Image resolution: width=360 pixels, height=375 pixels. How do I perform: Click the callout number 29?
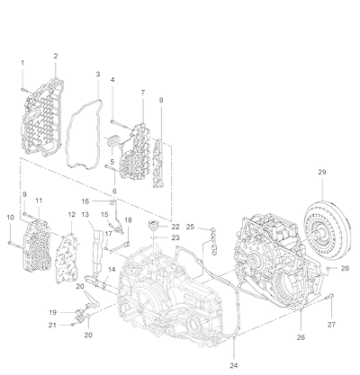coord(322,172)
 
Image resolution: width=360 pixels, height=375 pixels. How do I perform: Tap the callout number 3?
coord(98,74)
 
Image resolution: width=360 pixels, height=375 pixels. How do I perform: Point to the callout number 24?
coord(234,365)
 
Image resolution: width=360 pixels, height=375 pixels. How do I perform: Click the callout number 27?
coord(331,325)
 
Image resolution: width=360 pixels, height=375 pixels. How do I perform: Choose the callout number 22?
coord(175,227)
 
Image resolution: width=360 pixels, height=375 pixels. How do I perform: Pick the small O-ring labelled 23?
coord(153,237)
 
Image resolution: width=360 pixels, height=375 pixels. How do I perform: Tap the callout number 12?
coord(71,215)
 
